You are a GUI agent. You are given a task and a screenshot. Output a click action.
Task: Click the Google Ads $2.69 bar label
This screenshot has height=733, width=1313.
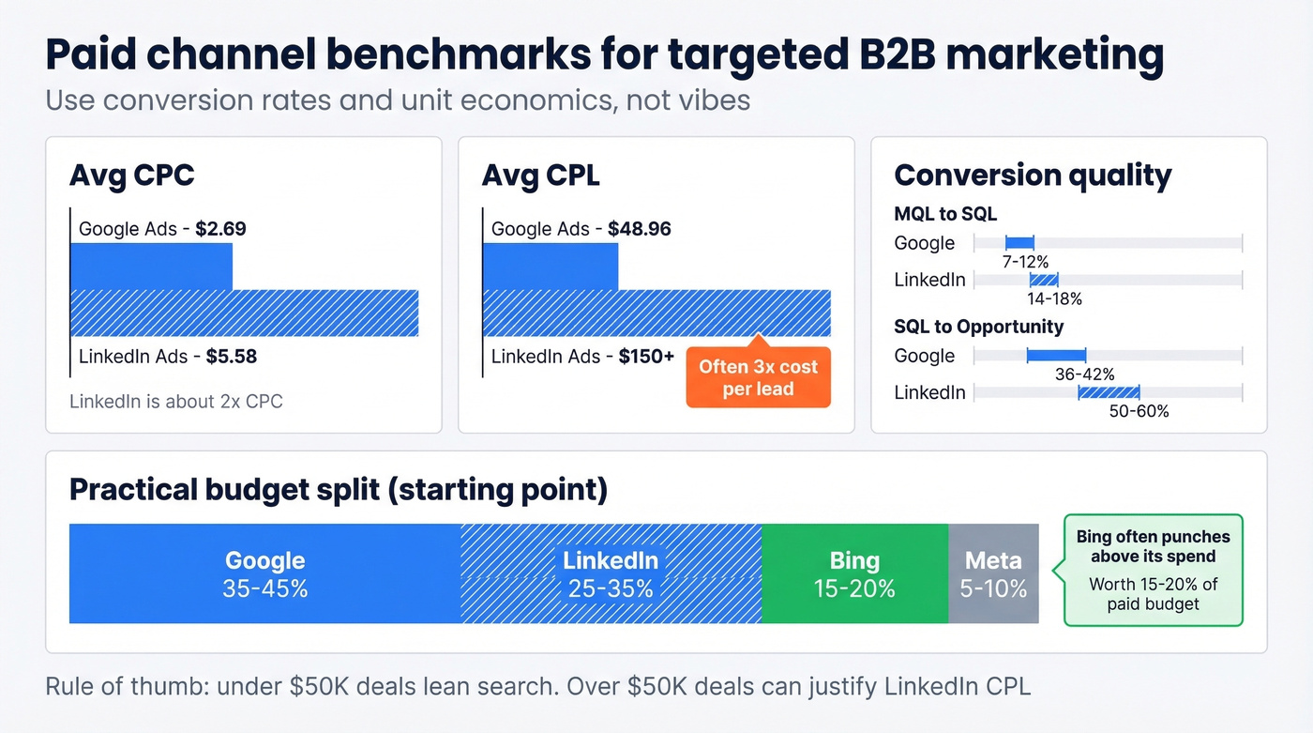click(x=162, y=228)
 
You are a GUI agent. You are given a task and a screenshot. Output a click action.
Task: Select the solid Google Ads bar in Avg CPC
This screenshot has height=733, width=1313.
click(x=151, y=267)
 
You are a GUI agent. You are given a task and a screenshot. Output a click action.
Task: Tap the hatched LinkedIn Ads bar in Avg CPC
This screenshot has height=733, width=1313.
click(x=244, y=313)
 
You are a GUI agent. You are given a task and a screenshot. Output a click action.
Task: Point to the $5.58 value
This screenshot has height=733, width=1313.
click(x=232, y=357)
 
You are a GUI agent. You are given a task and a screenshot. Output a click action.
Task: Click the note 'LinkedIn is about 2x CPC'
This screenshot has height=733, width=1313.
click(x=176, y=402)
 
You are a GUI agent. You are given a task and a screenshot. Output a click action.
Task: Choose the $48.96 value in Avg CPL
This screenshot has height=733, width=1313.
click(x=640, y=228)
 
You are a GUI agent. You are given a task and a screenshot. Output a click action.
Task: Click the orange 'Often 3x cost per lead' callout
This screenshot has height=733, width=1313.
click(x=758, y=377)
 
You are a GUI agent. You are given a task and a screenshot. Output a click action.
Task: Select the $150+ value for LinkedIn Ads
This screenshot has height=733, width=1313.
click(x=646, y=357)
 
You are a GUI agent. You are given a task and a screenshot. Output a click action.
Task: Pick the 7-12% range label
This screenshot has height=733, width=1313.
click(x=1025, y=261)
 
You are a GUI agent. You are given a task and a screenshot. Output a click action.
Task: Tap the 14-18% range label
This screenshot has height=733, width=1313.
click(x=1055, y=298)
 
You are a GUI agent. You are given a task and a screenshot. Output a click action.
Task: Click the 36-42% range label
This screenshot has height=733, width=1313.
click(x=1085, y=374)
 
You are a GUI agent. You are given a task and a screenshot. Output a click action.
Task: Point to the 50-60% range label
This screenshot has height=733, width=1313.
click(x=1139, y=410)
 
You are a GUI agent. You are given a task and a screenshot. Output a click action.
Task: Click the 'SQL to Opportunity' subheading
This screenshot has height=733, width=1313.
click(x=979, y=327)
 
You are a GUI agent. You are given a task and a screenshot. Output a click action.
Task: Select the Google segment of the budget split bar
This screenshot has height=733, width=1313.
click(x=265, y=573)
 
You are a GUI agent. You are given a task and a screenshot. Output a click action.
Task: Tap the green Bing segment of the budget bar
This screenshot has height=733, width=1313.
click(x=854, y=573)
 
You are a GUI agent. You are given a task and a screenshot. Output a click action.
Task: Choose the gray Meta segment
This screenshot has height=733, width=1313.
click(x=993, y=573)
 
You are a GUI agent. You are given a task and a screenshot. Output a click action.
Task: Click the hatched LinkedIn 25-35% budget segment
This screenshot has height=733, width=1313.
click(x=611, y=573)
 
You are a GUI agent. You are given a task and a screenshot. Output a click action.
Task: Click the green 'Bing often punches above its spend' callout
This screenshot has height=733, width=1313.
click(x=1153, y=570)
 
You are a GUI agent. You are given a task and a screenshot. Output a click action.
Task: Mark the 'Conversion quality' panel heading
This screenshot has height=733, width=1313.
click(x=1033, y=176)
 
